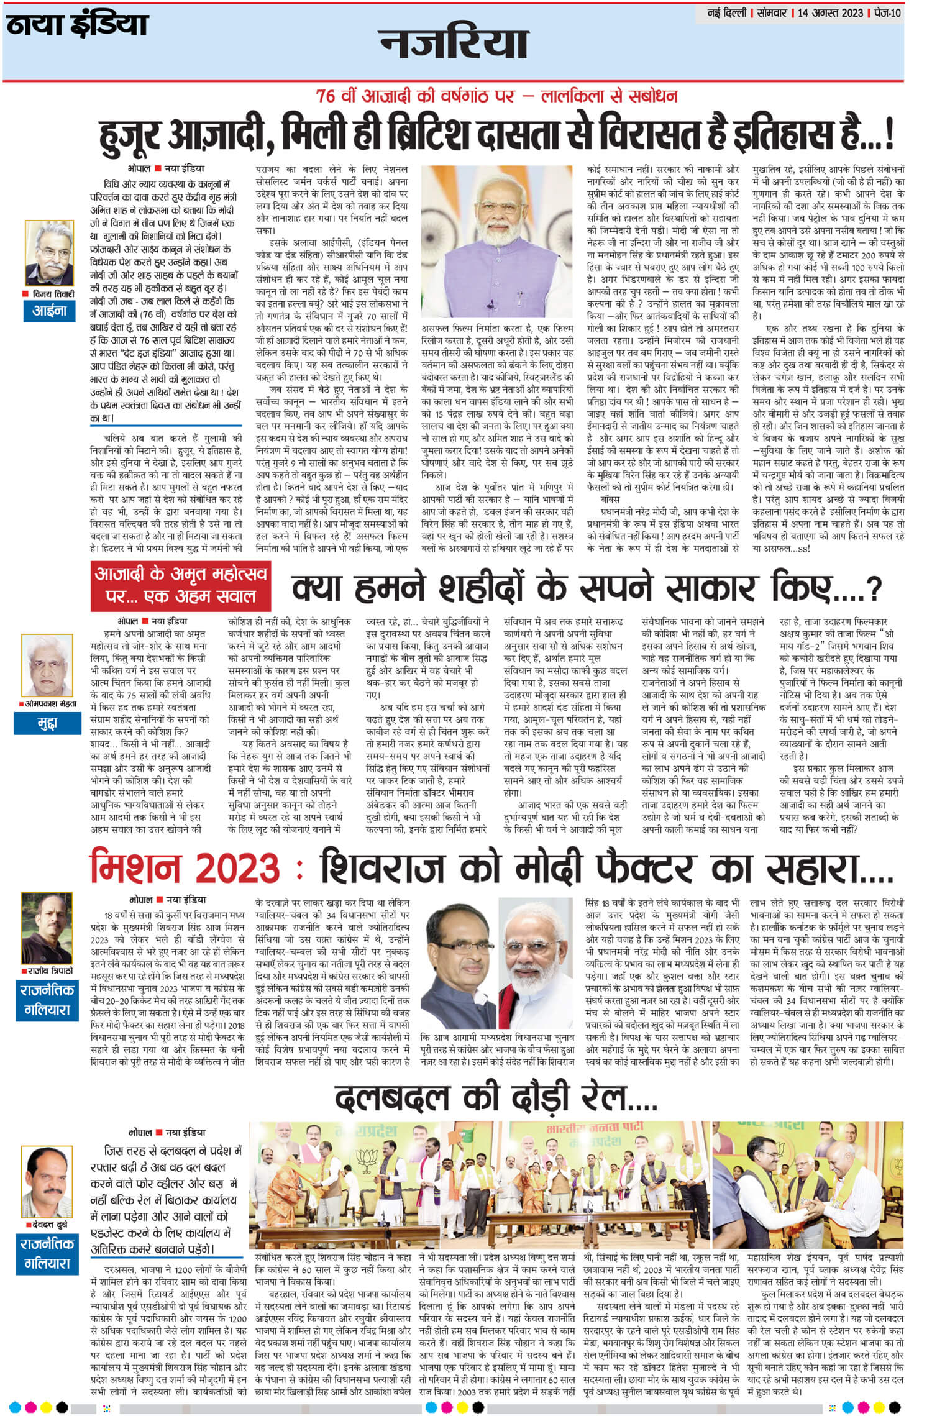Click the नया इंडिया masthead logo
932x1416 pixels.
click(78, 25)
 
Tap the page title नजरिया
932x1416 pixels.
click(454, 43)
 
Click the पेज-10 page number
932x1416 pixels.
click(886, 13)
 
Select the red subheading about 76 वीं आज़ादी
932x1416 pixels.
click(496, 96)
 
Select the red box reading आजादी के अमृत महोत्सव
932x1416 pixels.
click(180, 585)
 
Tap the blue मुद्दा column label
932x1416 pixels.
click(48, 723)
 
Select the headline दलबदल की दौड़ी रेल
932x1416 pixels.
click(495, 1098)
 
